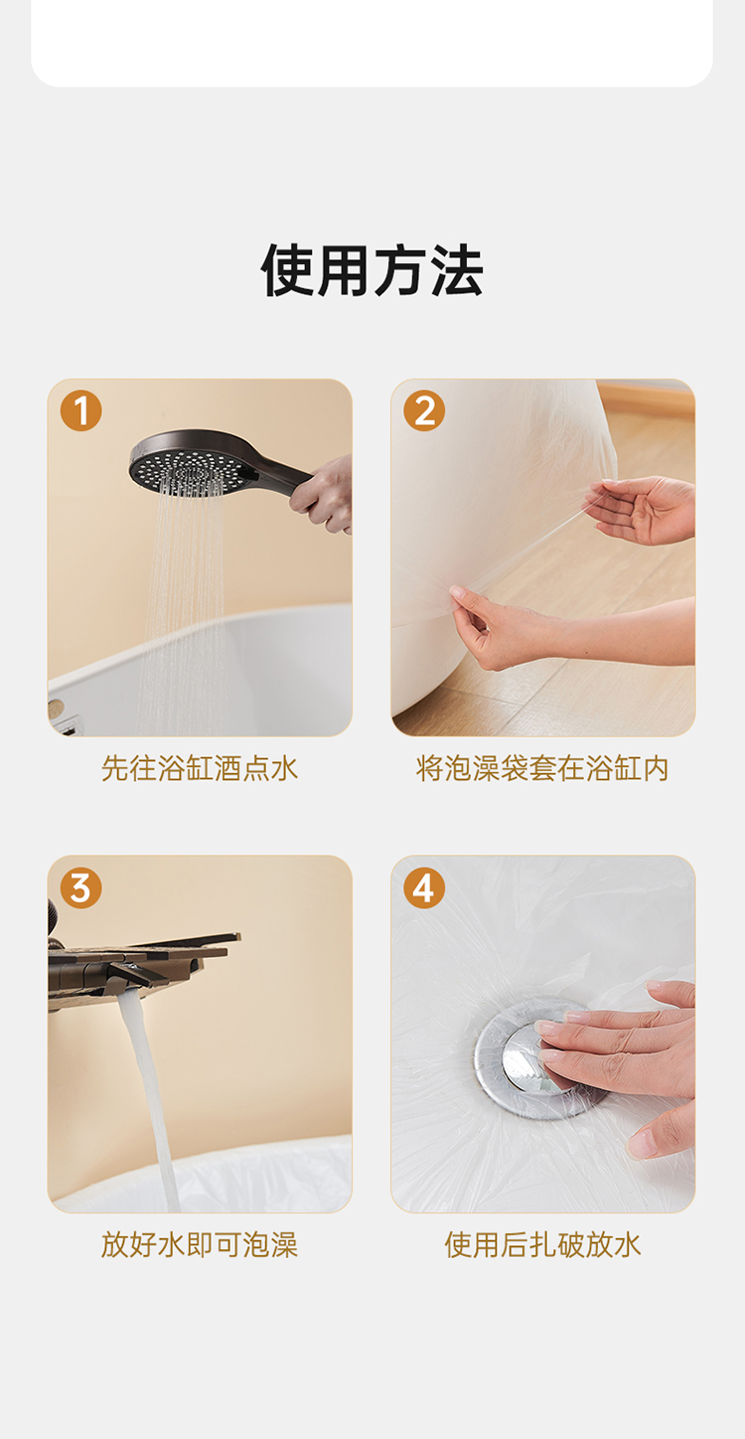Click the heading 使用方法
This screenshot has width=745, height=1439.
(372, 270)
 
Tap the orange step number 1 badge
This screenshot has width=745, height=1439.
(80, 410)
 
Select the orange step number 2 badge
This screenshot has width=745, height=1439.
(424, 410)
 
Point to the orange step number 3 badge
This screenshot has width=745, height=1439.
(80, 887)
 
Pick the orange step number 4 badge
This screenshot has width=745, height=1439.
(424, 887)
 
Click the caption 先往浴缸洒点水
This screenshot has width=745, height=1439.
(200, 768)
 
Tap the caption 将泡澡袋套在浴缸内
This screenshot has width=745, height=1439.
(542, 768)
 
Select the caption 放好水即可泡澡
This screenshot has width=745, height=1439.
(200, 1245)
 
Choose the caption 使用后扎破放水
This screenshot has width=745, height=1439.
(542, 1245)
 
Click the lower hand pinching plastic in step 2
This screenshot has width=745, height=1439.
(552, 630)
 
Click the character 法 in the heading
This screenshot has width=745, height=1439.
(457, 270)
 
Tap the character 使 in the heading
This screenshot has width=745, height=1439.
(288, 270)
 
